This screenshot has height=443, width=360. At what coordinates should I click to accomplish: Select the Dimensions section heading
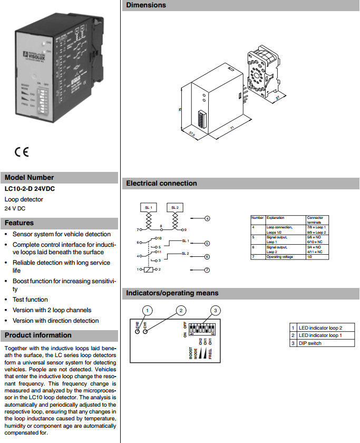pos(145,5)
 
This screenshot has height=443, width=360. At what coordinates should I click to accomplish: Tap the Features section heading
pos(20,223)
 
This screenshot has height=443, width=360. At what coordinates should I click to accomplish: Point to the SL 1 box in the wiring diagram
pos(149,208)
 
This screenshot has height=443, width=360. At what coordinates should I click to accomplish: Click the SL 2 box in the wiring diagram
pos(175,208)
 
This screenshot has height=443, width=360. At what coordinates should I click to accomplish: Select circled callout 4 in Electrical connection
pos(207,218)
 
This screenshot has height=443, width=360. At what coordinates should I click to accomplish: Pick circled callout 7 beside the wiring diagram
pos(207,270)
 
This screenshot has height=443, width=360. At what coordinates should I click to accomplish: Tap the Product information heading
pos(38,335)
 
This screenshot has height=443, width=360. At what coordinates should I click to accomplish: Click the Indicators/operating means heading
pos(172,293)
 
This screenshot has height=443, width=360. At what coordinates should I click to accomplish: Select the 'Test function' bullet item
pos(30,300)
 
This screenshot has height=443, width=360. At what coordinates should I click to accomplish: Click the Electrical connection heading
pos(161,184)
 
